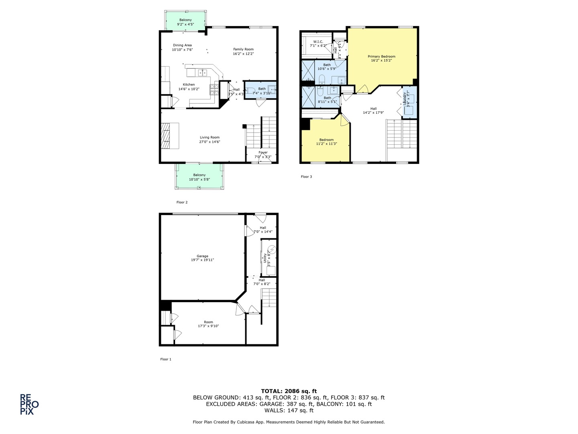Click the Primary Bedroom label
(x=381, y=57)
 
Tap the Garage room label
(x=202, y=256)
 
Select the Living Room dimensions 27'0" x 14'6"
(x=210, y=141)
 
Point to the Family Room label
(x=243, y=49)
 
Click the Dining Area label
(x=182, y=45)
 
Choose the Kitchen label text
(x=189, y=85)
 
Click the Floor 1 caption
(x=166, y=359)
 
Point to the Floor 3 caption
(x=306, y=176)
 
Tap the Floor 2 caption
(x=182, y=202)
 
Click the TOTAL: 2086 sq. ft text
(x=289, y=391)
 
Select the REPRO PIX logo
(x=29, y=404)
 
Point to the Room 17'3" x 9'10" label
(x=208, y=322)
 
